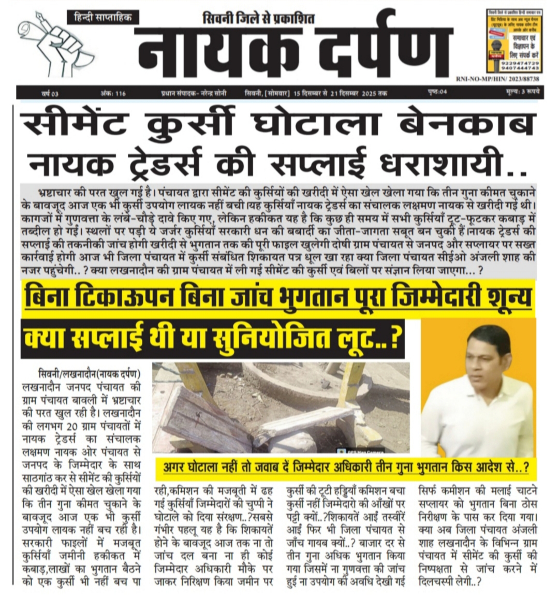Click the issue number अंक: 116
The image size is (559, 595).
113,94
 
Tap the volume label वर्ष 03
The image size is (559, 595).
50,94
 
